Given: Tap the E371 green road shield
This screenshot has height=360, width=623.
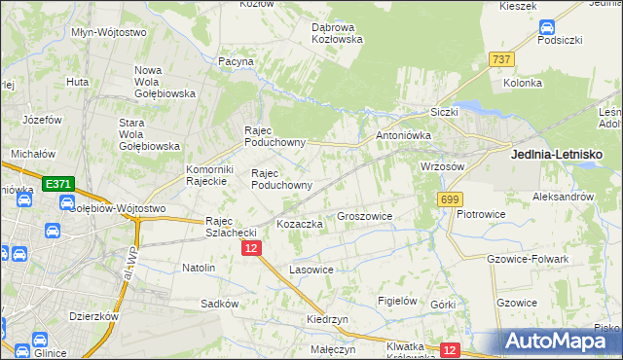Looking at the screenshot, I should (x=57, y=183).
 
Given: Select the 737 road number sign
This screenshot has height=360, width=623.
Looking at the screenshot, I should (x=501, y=59).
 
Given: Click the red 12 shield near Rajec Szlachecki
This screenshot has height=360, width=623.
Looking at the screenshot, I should (x=252, y=249).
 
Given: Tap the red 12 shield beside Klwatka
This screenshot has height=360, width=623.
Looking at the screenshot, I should (x=449, y=349).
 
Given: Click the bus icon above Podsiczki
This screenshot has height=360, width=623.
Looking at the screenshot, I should (x=547, y=28).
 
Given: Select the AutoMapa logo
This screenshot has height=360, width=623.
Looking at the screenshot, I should (x=561, y=341).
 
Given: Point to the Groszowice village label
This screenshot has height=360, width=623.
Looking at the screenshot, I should (x=364, y=217).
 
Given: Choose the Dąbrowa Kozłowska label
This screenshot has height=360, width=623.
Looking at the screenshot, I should (x=337, y=33).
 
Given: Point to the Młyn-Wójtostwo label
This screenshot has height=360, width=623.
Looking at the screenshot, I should (x=109, y=32).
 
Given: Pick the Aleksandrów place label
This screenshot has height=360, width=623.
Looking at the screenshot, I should (x=563, y=197).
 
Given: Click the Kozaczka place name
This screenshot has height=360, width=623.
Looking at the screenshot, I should (x=300, y=224).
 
